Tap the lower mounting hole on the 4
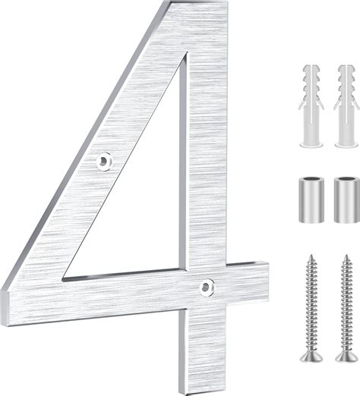coord(207,286)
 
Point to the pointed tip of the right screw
coord(346,255)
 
